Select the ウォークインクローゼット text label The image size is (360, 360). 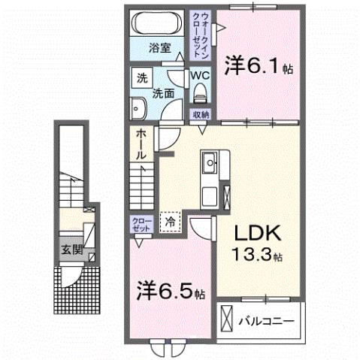point(201,36)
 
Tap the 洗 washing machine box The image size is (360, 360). point(141,77)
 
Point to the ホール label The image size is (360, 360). point(141,144)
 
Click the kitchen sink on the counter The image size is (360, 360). point(208,162)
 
